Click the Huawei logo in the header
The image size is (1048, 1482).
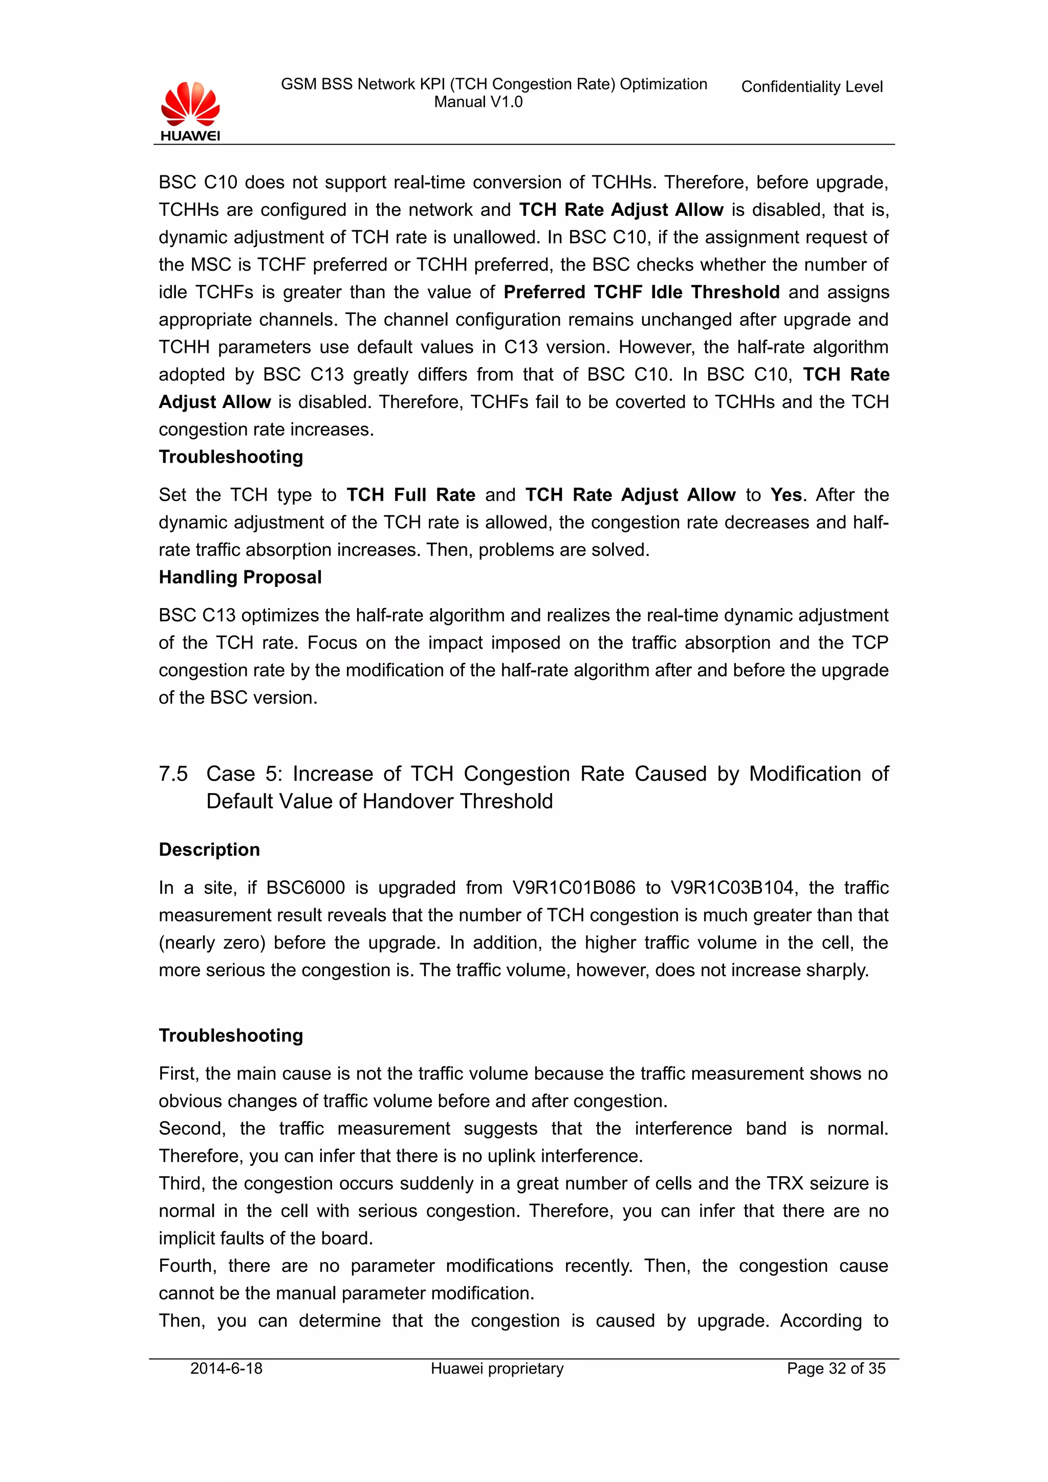[x=190, y=111]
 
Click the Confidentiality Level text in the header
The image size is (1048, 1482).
[x=811, y=86]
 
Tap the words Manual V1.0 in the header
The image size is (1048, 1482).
[x=478, y=102]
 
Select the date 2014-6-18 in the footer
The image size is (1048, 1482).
[x=226, y=1368]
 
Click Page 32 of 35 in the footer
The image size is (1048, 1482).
[x=836, y=1368]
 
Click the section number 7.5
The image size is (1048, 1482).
[x=173, y=773]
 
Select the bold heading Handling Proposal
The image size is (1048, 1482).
[x=239, y=577]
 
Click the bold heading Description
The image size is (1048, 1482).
[x=209, y=849]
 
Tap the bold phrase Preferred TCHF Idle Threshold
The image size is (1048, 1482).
[x=641, y=293]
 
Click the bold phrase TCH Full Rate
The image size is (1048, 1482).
[x=411, y=495]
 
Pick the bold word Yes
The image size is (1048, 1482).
[x=785, y=495]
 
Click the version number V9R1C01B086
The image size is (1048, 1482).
[x=574, y=888]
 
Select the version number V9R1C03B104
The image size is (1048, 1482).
[x=732, y=888]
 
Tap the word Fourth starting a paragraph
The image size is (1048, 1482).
[x=186, y=1266]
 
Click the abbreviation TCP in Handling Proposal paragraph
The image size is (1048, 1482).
[x=870, y=643]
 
